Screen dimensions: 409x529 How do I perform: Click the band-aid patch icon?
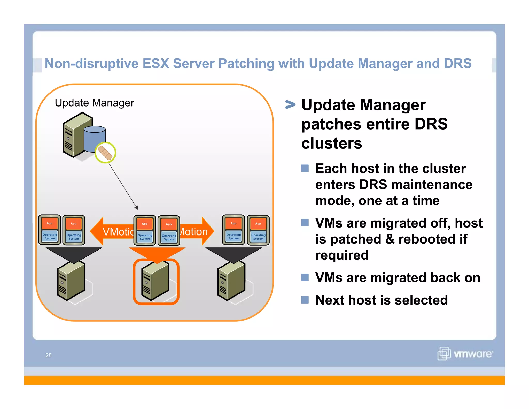(x=105, y=153)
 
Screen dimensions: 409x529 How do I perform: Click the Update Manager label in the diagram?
(x=94, y=103)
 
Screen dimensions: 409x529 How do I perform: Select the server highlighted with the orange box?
(x=156, y=281)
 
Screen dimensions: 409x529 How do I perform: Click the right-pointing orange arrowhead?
(x=208, y=231)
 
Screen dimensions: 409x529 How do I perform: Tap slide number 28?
(x=49, y=355)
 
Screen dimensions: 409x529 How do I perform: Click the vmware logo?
(x=465, y=353)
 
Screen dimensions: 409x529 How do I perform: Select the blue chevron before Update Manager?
(x=290, y=104)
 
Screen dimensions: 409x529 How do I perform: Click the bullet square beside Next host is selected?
(x=305, y=300)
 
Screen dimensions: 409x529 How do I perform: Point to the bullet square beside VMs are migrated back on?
(x=305, y=277)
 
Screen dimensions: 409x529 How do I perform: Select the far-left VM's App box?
(x=50, y=223)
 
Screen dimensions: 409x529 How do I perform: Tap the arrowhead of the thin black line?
(x=137, y=208)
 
